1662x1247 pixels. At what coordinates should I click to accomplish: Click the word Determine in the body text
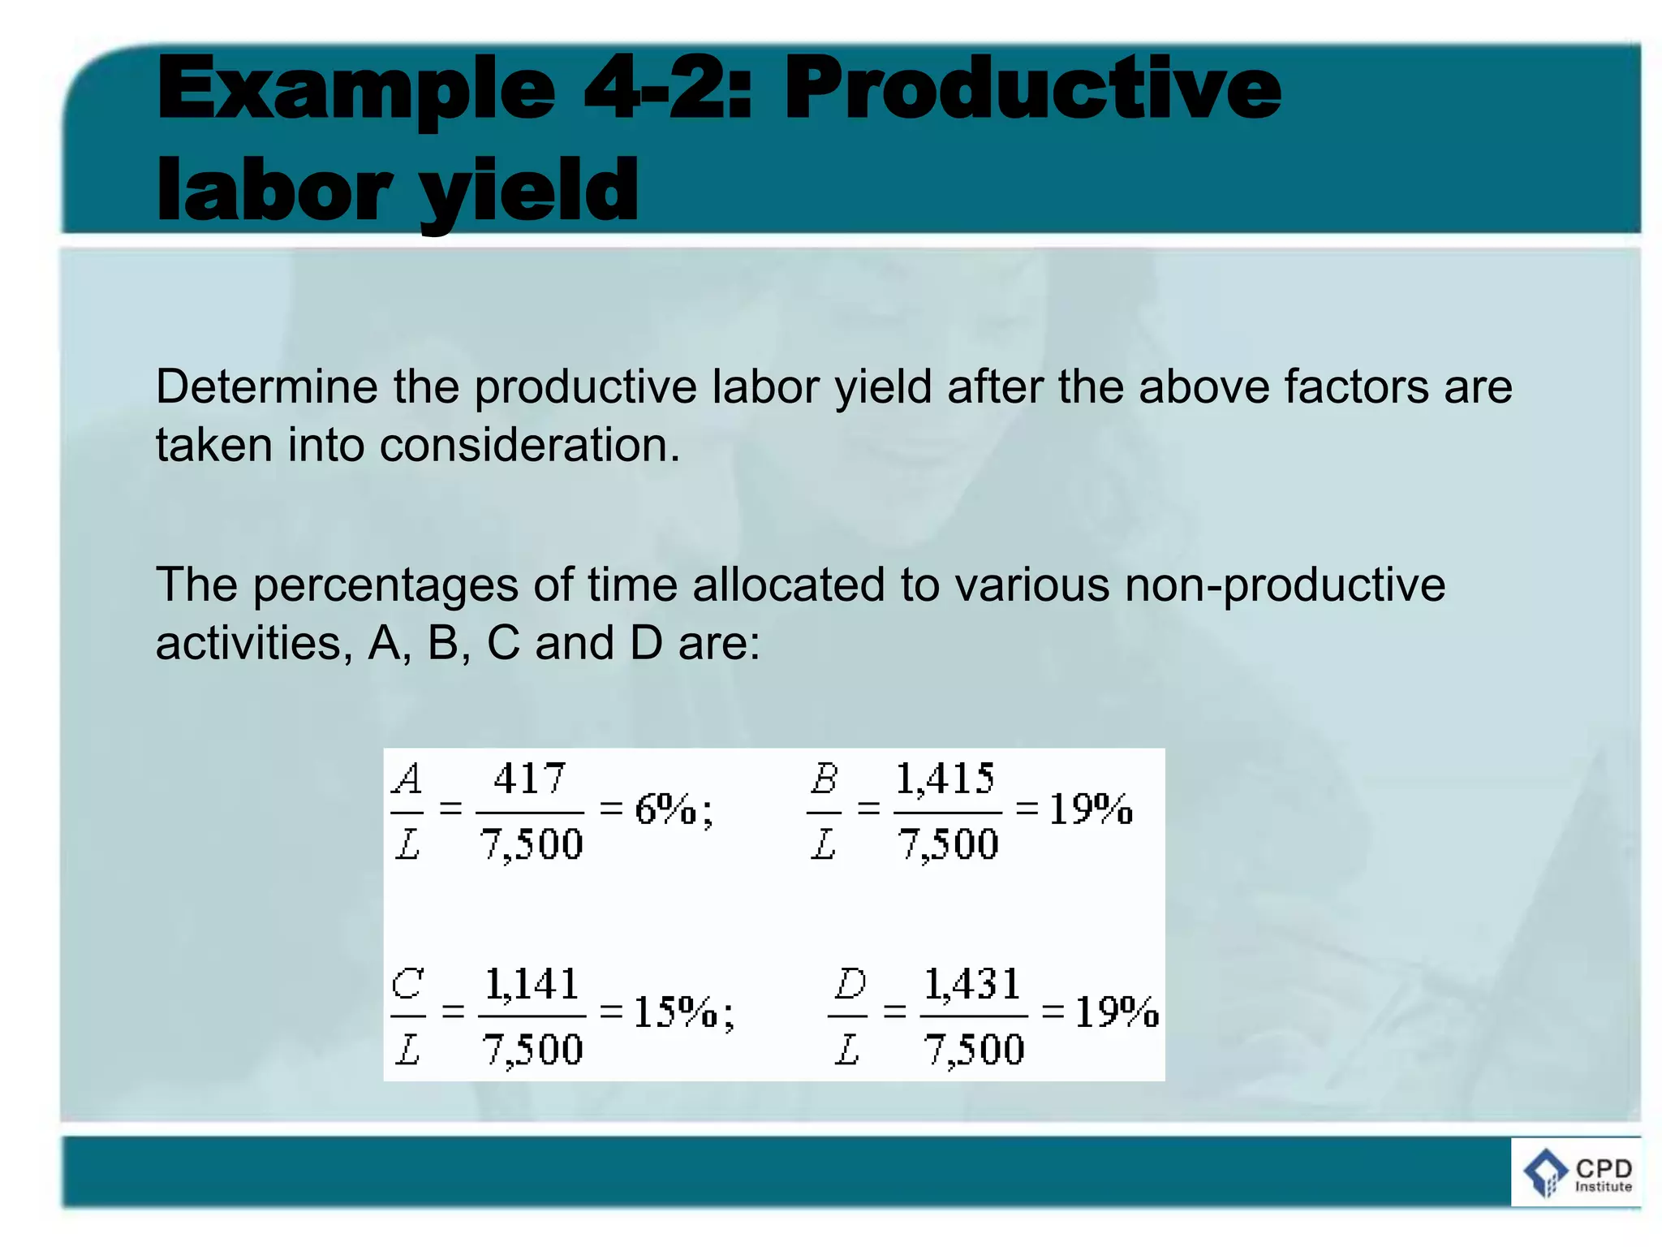pyautogui.click(x=266, y=386)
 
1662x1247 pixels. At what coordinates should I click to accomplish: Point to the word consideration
pyautogui.click(x=529, y=446)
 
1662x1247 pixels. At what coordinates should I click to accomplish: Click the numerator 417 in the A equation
pyautogui.click(x=529, y=779)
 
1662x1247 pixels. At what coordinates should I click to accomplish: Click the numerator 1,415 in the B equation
pyautogui.click(x=945, y=779)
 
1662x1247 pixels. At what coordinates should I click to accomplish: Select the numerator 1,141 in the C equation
pyautogui.click(x=532, y=985)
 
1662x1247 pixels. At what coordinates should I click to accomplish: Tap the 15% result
pyautogui.click(x=675, y=1012)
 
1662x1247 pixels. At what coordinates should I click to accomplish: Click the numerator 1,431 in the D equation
pyautogui.click(x=971, y=985)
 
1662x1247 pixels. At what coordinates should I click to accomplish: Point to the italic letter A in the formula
pyautogui.click(x=407, y=780)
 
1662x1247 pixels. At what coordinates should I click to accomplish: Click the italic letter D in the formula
pyautogui.click(x=850, y=985)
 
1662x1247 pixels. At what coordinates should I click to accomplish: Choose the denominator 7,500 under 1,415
pyautogui.click(x=948, y=844)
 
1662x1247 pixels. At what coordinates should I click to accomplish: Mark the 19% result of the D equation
pyautogui.click(x=1117, y=1012)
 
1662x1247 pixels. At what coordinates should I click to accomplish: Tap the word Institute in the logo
pyautogui.click(x=1603, y=1187)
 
